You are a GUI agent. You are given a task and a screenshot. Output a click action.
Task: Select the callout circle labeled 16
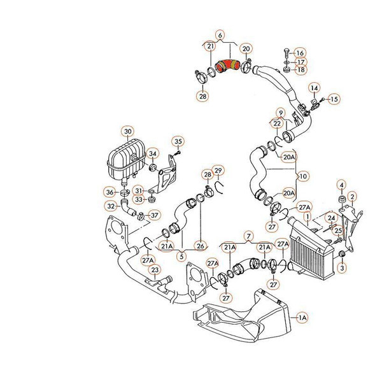click(x=300, y=52)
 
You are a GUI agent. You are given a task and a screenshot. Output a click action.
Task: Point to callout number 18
click(x=300, y=70)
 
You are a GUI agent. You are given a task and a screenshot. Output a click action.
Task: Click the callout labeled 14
click(x=314, y=87)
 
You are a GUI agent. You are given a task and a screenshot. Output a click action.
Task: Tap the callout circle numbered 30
click(x=128, y=132)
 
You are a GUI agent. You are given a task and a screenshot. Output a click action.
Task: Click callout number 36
click(x=110, y=192)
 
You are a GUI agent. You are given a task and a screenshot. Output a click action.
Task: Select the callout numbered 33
click(x=139, y=200)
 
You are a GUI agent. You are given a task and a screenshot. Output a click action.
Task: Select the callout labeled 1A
click(x=302, y=316)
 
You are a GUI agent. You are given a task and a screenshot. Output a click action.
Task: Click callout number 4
click(x=341, y=186)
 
